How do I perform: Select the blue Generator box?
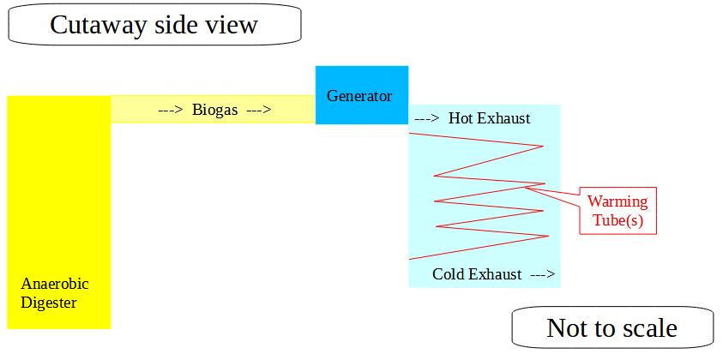(x=362, y=95)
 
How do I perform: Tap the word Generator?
(x=359, y=96)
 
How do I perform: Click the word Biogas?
(x=215, y=111)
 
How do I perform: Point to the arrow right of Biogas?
(x=259, y=111)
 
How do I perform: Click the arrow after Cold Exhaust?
(x=543, y=275)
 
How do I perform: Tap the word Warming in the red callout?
(x=618, y=202)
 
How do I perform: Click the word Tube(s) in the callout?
(x=618, y=221)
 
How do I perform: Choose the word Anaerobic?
(x=54, y=284)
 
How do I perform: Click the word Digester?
(x=48, y=303)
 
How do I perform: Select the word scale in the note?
(x=650, y=328)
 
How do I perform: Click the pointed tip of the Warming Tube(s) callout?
(x=525, y=187)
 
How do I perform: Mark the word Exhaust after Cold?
(x=496, y=274)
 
